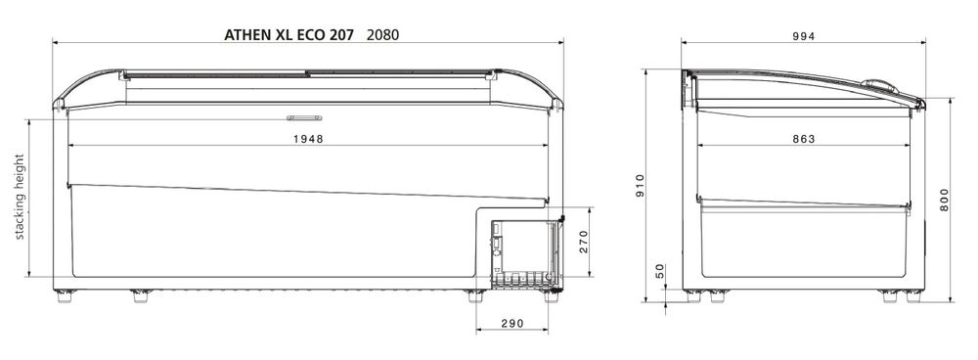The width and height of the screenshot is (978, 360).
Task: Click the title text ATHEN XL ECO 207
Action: pyautogui.click(x=289, y=35)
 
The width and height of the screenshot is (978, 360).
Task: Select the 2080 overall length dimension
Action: pyautogui.click(x=383, y=35)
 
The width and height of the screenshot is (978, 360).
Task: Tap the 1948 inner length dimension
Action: pyautogui.click(x=309, y=139)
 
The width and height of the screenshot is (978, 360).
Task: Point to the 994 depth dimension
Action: pyautogui.click(x=803, y=36)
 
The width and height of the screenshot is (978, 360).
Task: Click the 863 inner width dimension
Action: pyautogui.click(x=803, y=139)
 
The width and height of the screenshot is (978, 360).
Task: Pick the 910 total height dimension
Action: pyautogui.click(x=640, y=185)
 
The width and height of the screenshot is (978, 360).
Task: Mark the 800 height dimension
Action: pyautogui.click(x=944, y=199)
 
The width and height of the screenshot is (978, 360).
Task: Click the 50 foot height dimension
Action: pyautogui.click(x=660, y=272)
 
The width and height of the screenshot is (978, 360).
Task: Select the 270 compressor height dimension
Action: pyautogui.click(x=584, y=241)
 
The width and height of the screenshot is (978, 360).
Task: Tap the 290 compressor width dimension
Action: pyautogui.click(x=512, y=323)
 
